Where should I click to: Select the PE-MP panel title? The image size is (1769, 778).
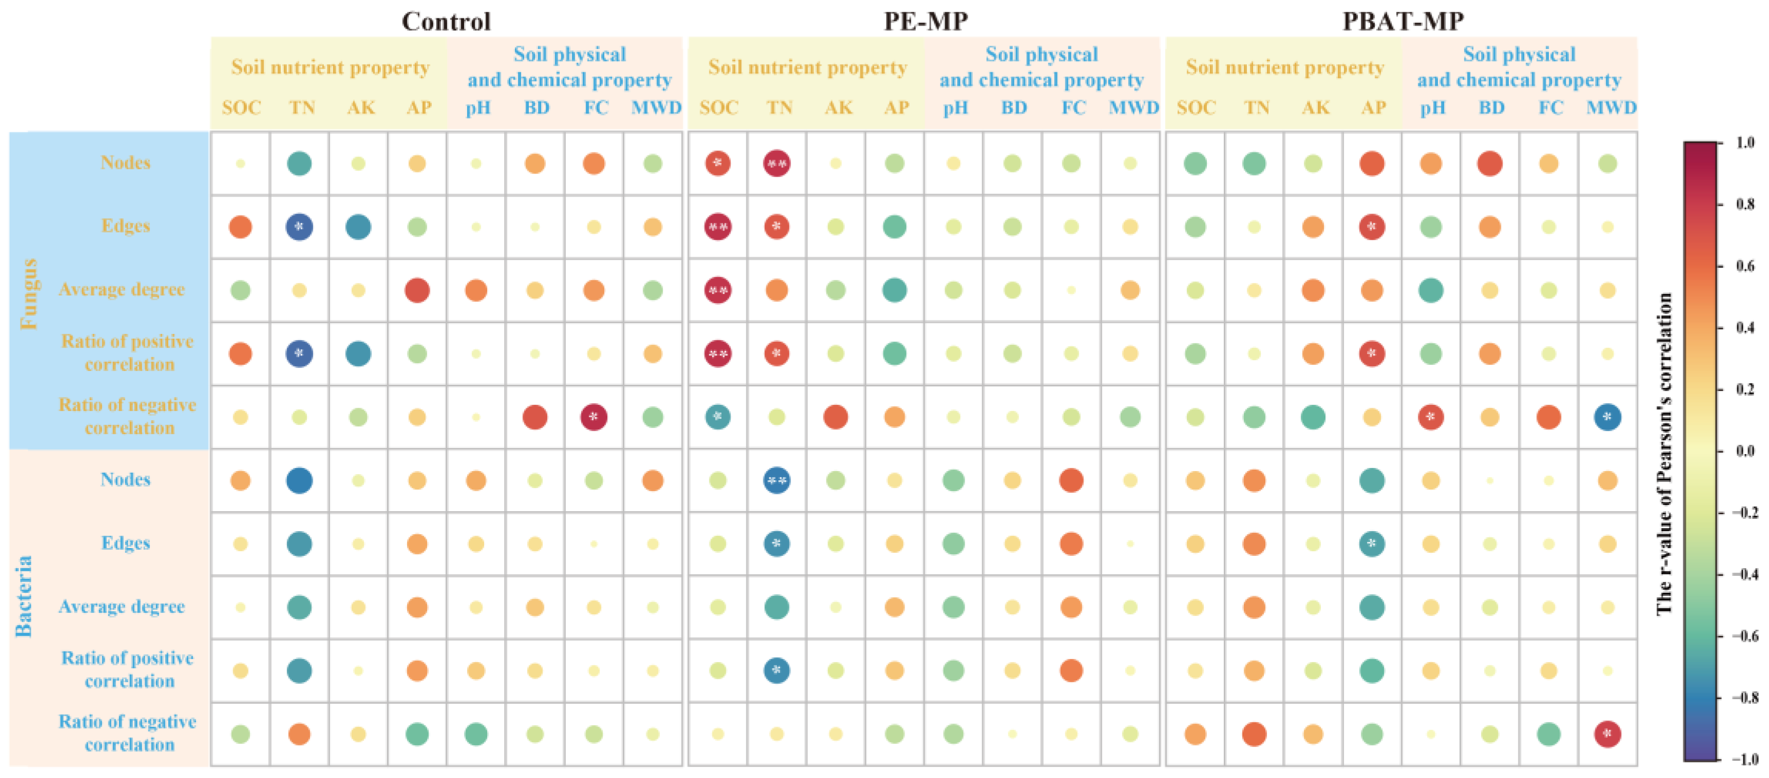click(x=925, y=21)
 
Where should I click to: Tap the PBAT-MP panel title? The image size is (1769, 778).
click(x=1402, y=21)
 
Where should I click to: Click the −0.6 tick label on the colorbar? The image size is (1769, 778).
click(x=1743, y=636)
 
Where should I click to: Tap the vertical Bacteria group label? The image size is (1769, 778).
click(x=24, y=595)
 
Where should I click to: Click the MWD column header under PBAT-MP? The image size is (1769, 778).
click(x=1610, y=108)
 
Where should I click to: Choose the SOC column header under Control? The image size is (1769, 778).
click(x=241, y=108)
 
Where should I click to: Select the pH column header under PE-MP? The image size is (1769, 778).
click(x=954, y=108)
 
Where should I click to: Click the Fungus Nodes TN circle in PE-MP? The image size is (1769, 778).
click(x=777, y=163)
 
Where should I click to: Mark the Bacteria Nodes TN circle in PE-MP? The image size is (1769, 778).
click(x=777, y=481)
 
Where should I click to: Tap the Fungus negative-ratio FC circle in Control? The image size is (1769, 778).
click(x=594, y=417)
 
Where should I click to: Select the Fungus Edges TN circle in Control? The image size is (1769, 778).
click(x=299, y=227)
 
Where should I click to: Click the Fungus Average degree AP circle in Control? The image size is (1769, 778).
click(x=417, y=290)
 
